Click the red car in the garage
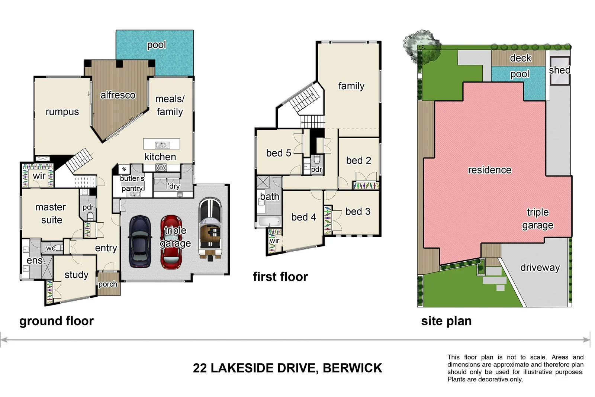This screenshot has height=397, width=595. point(171,242)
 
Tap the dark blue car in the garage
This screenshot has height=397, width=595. point(140,242)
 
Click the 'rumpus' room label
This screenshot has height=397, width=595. point(62,112)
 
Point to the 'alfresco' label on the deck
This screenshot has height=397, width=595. point(118,95)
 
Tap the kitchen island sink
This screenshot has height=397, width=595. point(161,145)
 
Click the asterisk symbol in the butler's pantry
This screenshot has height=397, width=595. point(124,169)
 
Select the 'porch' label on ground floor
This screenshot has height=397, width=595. point(107,284)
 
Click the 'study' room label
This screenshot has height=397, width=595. point(76,275)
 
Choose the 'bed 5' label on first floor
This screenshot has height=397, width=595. point(279,153)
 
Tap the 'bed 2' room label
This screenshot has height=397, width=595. point(358,161)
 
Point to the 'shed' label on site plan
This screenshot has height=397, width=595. point(559,70)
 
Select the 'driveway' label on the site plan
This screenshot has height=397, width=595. point(540,268)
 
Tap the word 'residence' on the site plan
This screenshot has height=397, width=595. point(489,170)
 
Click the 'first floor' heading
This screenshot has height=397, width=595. point(280,277)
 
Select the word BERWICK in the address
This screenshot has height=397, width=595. point(352,368)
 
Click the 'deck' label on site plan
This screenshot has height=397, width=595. point(520,58)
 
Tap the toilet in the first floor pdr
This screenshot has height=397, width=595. point(317,160)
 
